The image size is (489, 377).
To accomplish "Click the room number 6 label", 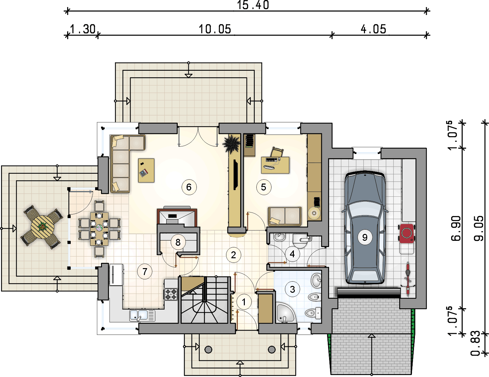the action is coord(189,187).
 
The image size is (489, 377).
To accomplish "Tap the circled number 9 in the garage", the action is coord(365,237).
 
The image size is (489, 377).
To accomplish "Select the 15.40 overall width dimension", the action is coord(253,5).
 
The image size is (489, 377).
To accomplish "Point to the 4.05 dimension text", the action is coord(373,29).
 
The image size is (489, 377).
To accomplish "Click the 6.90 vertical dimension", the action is coord(456,228).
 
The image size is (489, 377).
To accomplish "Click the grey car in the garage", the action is coord(365,227).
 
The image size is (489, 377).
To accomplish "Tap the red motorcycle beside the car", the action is coord(407,233).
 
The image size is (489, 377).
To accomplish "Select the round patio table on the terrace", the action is coord(42,227).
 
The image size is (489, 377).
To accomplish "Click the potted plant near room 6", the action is coord(232,144).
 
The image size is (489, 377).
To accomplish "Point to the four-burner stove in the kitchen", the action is coord(171,294).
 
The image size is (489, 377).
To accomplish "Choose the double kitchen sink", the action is coord(142,315).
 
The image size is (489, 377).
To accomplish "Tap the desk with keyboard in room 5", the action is coord(275,165).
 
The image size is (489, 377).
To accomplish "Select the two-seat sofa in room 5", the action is coord(285,216).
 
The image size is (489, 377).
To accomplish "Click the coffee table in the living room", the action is coord(146,170).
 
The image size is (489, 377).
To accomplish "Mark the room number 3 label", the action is coord(292,289).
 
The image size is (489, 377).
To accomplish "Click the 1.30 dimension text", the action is coord(83,29).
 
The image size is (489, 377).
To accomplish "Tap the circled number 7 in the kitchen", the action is coord(145,272).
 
